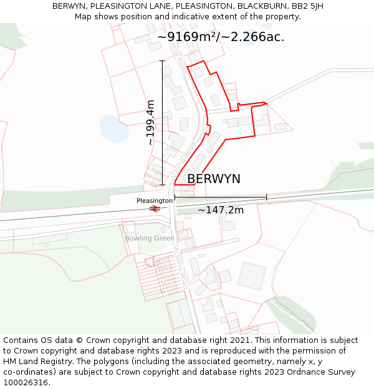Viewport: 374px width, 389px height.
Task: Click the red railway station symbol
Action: click(x=155, y=209)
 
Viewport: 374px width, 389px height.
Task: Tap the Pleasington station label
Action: click(x=154, y=201)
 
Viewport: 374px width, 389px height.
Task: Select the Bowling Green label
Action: click(x=150, y=238)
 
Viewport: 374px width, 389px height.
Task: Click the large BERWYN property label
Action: click(x=214, y=179)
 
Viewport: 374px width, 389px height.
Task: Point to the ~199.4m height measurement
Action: click(x=150, y=123)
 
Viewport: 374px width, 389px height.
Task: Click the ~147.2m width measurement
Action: click(x=221, y=210)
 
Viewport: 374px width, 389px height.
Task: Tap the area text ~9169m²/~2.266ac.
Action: click(x=221, y=37)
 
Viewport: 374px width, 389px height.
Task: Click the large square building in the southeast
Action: click(x=252, y=276)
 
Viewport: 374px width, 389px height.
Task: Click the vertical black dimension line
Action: click(x=163, y=123)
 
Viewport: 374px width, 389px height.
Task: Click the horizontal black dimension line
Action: click(x=221, y=197)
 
